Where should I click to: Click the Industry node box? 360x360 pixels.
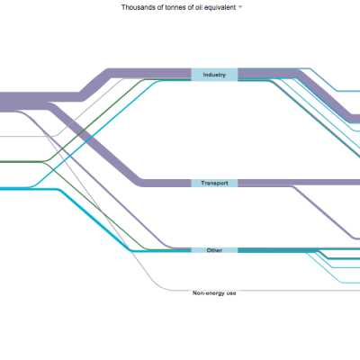click(x=214, y=75)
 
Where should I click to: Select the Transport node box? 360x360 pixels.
click(x=214, y=183)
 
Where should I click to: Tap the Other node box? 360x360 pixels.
click(x=214, y=250)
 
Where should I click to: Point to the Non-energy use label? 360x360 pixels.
click(x=214, y=293)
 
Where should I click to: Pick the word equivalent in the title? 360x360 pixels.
click(x=220, y=7)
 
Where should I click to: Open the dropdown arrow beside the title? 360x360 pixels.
click(x=240, y=7)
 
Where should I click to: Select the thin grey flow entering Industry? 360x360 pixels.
click(x=90, y=108)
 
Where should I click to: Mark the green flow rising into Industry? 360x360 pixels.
click(x=93, y=120)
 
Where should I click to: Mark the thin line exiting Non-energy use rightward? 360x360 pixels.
click(x=299, y=291)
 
